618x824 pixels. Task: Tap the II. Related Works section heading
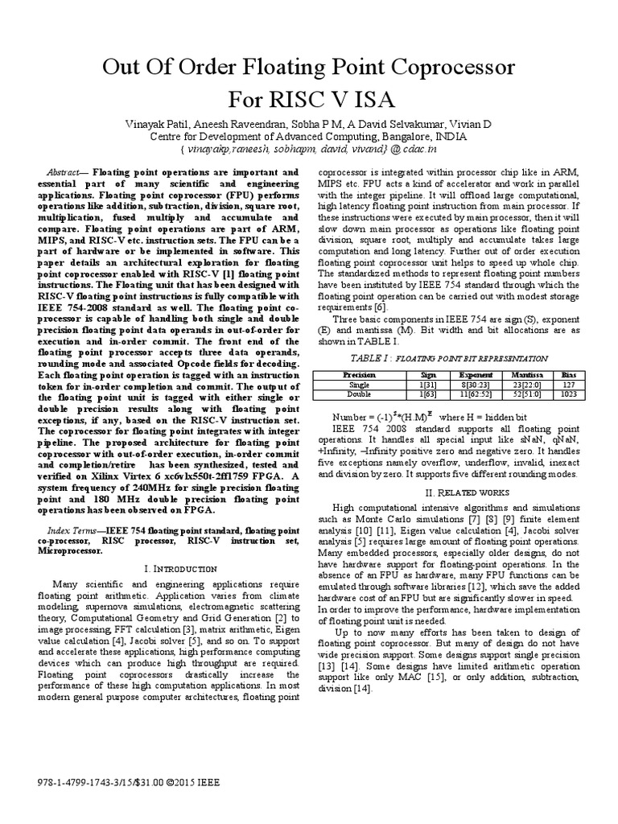[447, 492]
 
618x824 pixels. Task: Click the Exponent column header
[476, 375]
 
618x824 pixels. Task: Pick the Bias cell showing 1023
[569, 394]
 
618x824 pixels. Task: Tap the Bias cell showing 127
[569, 385]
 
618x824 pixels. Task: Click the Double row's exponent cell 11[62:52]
[476, 394]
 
